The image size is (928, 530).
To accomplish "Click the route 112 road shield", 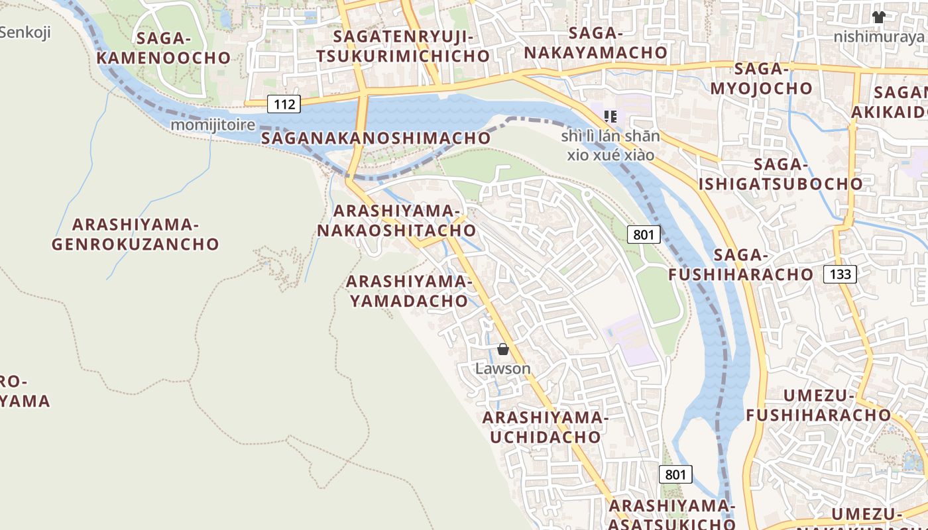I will pos(284,103).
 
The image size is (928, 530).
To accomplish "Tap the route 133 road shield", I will pos(840,274).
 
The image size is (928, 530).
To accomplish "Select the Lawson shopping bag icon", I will pos(503,349).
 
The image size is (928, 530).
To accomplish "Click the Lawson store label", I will pos(503,368).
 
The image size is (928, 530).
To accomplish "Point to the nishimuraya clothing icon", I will pos(878,17).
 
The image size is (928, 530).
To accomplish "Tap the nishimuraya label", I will pos(878,36).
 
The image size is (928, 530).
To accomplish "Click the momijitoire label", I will pos(213,125).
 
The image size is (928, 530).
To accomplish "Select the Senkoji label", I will pos(25,32).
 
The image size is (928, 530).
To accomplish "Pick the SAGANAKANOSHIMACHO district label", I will pos(376,138).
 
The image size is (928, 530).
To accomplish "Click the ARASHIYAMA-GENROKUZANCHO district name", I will pos(135,234).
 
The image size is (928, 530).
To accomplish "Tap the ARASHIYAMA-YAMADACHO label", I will pos(409,291).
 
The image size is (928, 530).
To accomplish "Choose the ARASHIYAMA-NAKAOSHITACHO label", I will pos(396,221).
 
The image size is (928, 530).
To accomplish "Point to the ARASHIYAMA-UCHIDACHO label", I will pos(545,427).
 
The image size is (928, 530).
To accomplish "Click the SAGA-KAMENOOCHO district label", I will pos(163,48).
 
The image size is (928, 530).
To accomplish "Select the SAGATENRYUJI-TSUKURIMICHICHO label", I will pos(403,46).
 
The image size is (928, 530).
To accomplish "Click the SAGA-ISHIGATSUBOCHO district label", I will pos(781,174).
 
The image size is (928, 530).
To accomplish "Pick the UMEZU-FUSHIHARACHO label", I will pos(819,405).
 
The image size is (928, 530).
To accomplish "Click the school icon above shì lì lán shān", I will pos(610,117).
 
